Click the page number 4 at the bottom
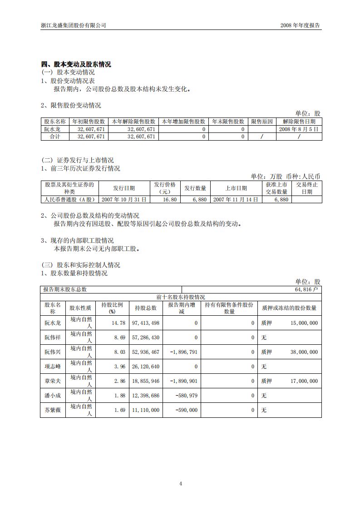[x=181, y=484]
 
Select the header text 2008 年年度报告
[x=300, y=25]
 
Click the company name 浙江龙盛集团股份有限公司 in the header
[x=74, y=25]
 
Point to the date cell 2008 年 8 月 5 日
[x=299, y=129]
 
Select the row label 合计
[x=54, y=137]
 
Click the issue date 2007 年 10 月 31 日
[x=124, y=200]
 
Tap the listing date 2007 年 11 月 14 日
[x=236, y=200]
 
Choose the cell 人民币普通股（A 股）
[x=69, y=200]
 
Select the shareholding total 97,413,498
[x=145, y=323]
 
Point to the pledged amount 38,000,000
[x=304, y=352]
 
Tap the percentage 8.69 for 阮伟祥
[x=118, y=338]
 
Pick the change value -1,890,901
[x=183, y=381]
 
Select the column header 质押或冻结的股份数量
[x=289, y=308]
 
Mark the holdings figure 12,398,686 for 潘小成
[x=145, y=396]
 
